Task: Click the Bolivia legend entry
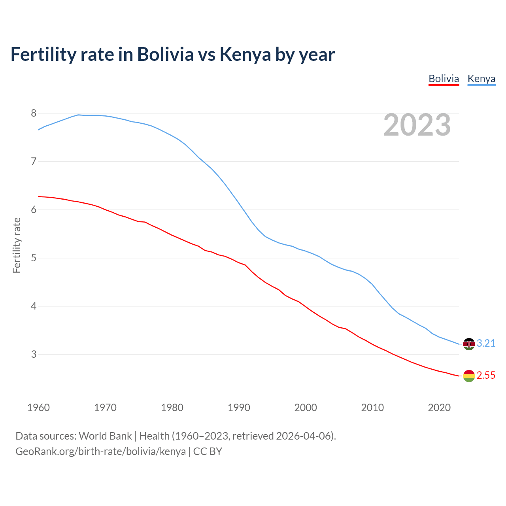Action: pos(444,79)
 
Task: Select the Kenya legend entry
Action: pos(481,79)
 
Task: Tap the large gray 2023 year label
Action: pos(417,125)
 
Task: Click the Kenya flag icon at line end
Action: pos(469,344)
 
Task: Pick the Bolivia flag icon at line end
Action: pos(469,376)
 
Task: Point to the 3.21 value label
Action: pos(486,344)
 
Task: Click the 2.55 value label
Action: pos(486,376)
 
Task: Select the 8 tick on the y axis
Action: pos(34,113)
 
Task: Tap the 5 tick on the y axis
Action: pos(34,258)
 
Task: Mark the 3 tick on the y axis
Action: pos(34,355)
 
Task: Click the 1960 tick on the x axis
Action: pos(38,408)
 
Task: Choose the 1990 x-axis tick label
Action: pos(239,408)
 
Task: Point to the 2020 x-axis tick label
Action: pos(439,408)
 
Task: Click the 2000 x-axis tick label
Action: pos(306,408)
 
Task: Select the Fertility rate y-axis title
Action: pos(17,245)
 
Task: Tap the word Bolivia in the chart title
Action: pos(165,55)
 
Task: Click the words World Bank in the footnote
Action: pos(105,436)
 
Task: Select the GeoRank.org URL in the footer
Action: pos(100,451)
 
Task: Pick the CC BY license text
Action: pos(208,451)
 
